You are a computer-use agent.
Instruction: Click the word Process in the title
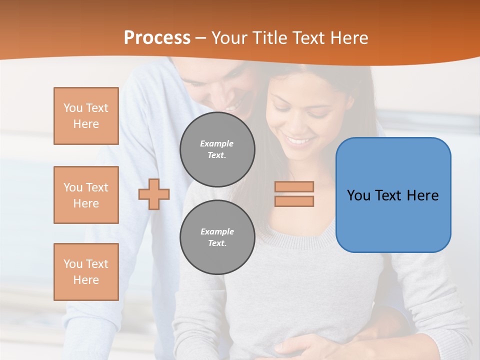pyautogui.click(x=157, y=38)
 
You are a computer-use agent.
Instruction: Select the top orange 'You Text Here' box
pyautogui.click(x=86, y=116)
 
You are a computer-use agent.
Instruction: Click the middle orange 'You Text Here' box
pyautogui.click(x=86, y=195)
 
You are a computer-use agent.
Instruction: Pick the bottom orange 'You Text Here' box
pyautogui.click(x=86, y=272)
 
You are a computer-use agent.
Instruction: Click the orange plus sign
pyautogui.click(x=154, y=194)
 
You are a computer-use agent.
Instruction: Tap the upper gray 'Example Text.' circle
pyautogui.click(x=217, y=149)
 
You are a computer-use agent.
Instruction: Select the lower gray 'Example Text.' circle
pyautogui.click(x=217, y=237)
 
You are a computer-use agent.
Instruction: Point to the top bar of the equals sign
pyautogui.click(x=294, y=187)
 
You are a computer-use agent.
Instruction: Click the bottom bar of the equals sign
pyautogui.click(x=294, y=201)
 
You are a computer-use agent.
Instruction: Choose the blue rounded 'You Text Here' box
pyautogui.click(x=393, y=195)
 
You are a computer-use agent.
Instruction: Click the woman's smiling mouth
pyautogui.click(x=299, y=141)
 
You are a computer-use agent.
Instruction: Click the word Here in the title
pyautogui.click(x=348, y=38)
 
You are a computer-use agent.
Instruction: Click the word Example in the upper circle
pyautogui.click(x=217, y=143)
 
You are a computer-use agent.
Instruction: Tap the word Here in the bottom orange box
pyautogui.click(x=86, y=280)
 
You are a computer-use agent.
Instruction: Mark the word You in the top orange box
pyautogui.click(x=73, y=108)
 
